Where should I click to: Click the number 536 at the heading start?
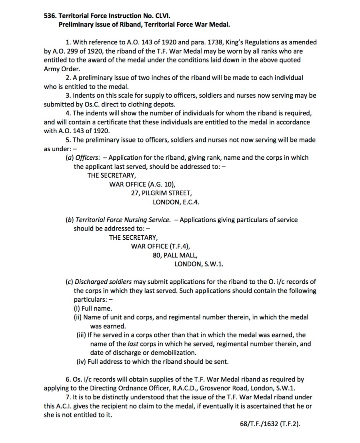tap(50, 16)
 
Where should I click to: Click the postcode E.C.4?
tap(190, 202)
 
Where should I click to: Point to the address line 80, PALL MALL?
tap(175, 255)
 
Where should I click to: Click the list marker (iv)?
tap(81, 361)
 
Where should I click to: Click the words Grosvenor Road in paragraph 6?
tap(222, 388)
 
